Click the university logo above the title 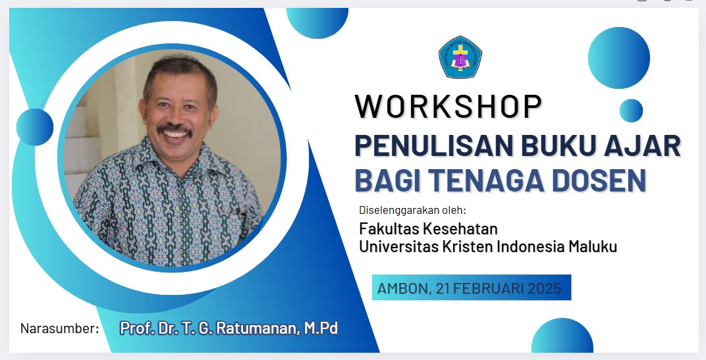coord(460,57)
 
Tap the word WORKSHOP coord(448,107)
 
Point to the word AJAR coord(641,145)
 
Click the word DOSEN coord(599,180)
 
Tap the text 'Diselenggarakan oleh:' coord(412,210)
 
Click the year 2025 coord(545,288)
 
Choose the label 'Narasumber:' coord(59,328)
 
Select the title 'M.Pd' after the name coord(321,328)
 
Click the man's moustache coord(175,130)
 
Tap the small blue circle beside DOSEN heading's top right coord(631,111)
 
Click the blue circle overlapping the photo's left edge coord(35,127)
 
